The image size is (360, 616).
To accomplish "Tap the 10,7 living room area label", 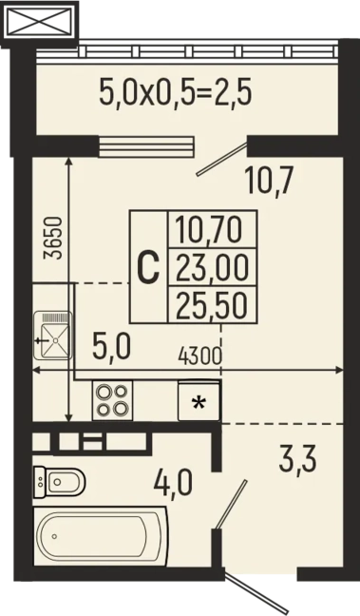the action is point(269,181).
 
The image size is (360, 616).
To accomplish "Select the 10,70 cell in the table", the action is point(208,230).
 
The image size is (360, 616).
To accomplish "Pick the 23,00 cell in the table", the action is point(212,267).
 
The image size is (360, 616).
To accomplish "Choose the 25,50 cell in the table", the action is point(212,305).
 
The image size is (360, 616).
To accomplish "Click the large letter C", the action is point(148,267).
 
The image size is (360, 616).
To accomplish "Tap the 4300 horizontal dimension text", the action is point(199,356).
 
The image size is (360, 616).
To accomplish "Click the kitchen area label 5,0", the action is point(111,346).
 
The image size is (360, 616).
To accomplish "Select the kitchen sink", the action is point(53,336).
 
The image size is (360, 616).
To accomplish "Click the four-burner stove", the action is point(113,400).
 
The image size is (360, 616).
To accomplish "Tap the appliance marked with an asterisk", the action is point(199,400).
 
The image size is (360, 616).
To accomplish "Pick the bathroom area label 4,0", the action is point(173,482).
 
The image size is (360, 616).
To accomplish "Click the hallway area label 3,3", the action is point(297,459).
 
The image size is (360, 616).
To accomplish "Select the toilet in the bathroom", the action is point(59,482).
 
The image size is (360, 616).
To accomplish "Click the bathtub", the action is point(101,536).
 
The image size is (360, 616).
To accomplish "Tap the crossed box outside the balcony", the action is point(39,22).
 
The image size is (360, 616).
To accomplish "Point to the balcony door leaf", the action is point(222,159).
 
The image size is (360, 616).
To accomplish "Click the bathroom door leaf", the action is point(231,503).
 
